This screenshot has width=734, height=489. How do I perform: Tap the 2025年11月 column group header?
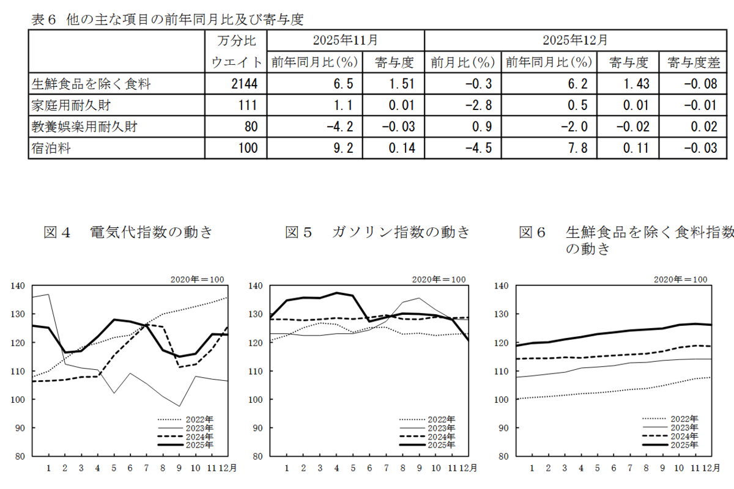point(345,41)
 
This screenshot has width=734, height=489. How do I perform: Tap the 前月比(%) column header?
point(462,62)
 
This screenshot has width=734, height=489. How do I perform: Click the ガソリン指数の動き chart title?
point(402,232)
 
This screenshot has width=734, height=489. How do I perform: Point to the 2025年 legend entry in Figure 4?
point(201,445)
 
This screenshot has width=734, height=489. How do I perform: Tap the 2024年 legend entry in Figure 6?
point(684,436)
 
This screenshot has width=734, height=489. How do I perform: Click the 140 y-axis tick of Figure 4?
point(18,285)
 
